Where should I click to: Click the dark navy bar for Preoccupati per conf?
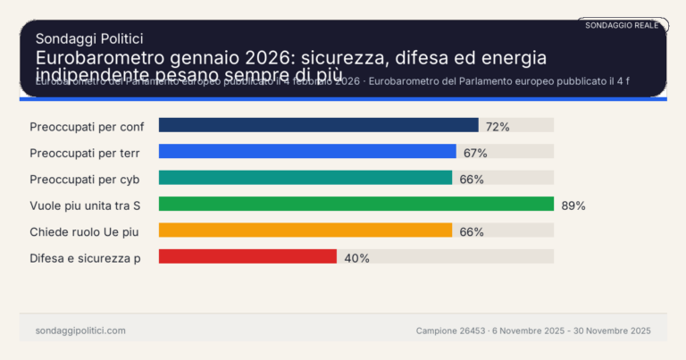click(318, 126)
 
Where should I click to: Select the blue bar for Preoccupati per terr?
click(307, 152)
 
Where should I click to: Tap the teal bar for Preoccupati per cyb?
click(305, 178)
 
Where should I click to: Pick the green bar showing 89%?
click(356, 205)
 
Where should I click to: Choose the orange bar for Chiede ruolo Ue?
click(305, 230)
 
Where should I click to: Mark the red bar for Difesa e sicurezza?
click(247, 257)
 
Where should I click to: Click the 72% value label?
click(498, 127)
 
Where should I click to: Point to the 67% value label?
click(475, 153)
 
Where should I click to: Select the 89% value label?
click(573, 205)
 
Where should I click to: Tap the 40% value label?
click(356, 258)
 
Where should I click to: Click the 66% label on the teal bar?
click(472, 179)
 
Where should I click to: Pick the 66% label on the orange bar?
click(472, 231)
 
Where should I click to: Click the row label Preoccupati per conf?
click(87, 127)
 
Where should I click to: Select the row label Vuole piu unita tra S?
click(86, 205)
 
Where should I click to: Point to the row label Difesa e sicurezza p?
click(85, 258)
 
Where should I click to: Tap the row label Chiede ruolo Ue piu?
click(84, 231)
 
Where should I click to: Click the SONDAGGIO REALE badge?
click(622, 25)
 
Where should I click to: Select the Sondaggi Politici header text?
click(89, 38)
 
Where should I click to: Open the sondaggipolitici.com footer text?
click(80, 331)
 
